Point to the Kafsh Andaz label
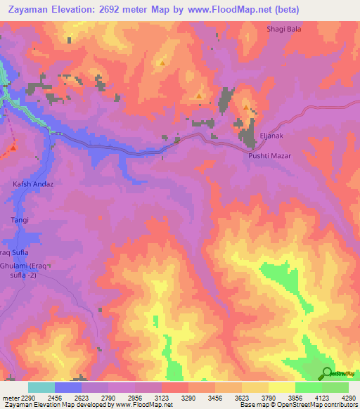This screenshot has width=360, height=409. (x=33, y=184)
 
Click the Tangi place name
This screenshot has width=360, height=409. (x=19, y=220)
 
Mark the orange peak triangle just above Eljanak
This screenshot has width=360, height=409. (x=246, y=108)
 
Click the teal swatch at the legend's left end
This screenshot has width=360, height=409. (x=41, y=387)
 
